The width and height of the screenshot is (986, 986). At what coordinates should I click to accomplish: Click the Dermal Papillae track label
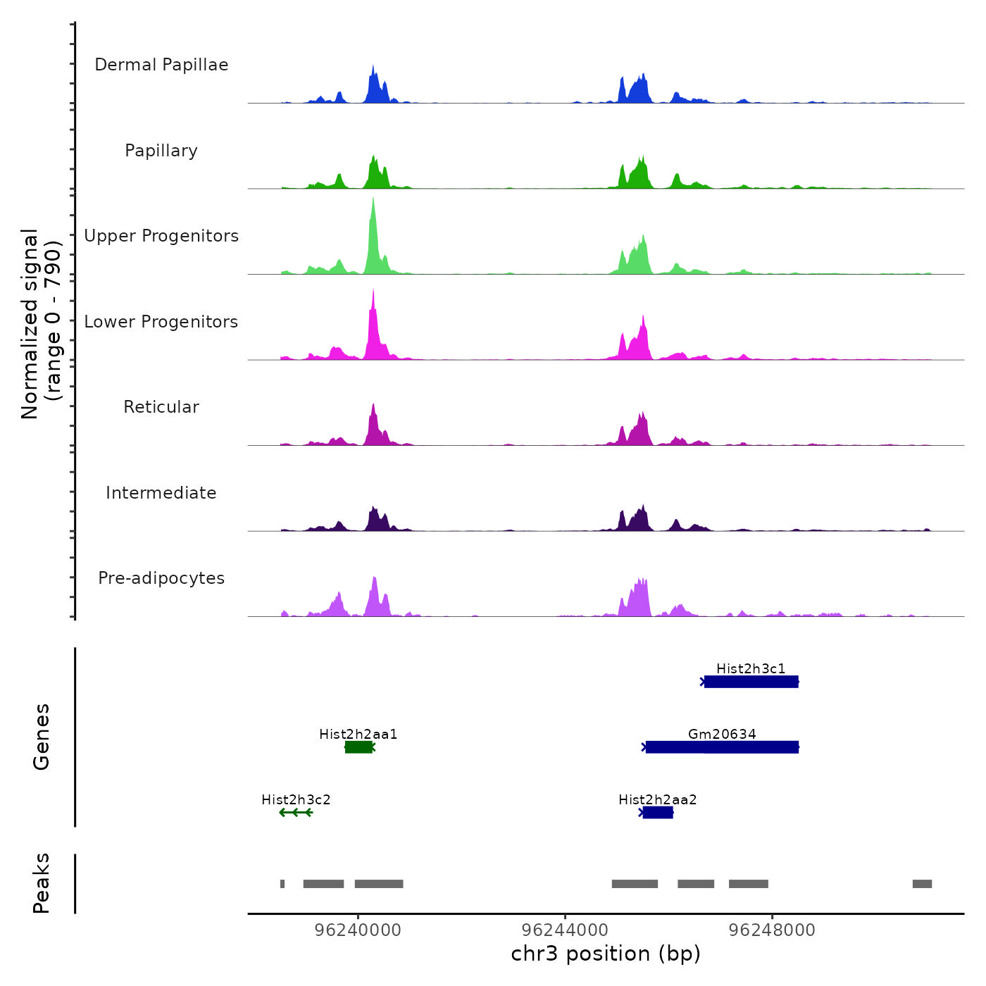tap(161, 65)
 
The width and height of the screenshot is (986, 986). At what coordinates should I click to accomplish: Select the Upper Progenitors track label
tap(161, 236)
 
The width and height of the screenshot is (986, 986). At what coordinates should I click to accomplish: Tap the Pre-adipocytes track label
tap(161, 578)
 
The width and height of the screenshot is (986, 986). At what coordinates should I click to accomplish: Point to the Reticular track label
tap(161, 407)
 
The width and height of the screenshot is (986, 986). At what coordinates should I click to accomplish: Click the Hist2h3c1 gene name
tap(751, 668)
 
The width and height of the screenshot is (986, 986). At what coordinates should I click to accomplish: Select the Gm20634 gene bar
tap(722, 747)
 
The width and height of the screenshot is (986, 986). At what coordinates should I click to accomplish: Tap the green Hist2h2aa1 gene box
tap(358, 747)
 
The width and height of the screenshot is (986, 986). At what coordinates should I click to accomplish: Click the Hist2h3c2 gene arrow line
tap(296, 813)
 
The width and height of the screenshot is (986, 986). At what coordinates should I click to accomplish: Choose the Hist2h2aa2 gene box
tap(658, 813)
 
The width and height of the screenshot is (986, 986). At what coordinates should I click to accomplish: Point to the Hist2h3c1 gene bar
tap(751, 682)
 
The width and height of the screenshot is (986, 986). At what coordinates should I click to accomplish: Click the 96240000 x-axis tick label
tap(358, 930)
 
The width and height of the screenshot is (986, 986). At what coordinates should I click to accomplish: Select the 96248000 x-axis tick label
tap(772, 930)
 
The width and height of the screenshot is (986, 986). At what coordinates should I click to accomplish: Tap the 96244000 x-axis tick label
tap(565, 930)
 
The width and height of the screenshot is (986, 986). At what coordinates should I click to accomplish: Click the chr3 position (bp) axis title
tap(606, 954)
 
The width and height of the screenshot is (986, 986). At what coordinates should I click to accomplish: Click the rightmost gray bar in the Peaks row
tap(922, 884)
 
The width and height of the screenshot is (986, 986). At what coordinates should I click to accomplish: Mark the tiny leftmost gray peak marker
tap(282, 884)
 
